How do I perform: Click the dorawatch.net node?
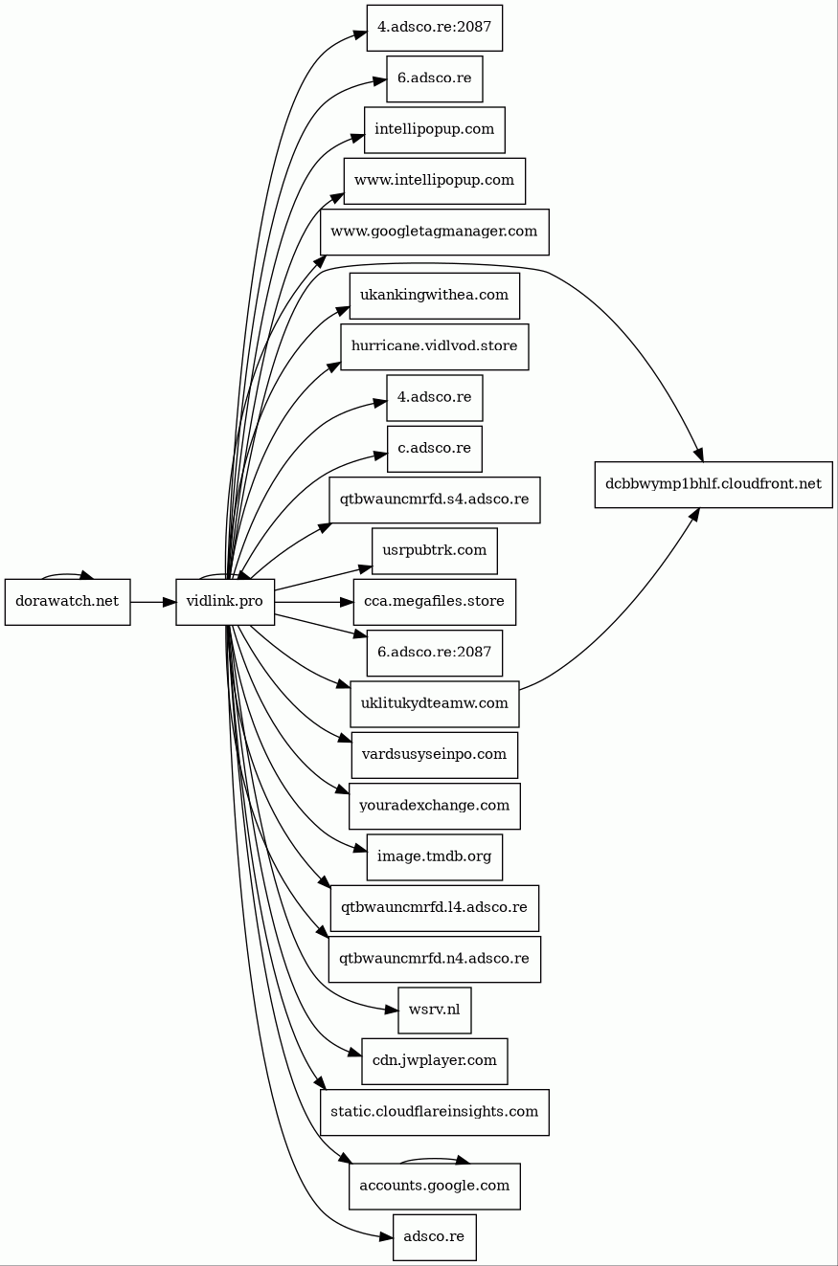click(67, 602)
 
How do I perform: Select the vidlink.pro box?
click(225, 602)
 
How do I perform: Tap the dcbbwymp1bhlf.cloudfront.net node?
click(713, 484)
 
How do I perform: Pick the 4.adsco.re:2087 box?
click(435, 28)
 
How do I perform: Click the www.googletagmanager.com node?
click(435, 232)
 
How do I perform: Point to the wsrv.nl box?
click(435, 1011)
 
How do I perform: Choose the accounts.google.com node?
click(435, 1187)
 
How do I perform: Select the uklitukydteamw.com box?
click(435, 704)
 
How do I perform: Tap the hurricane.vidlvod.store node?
click(435, 347)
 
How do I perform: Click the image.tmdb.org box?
click(435, 857)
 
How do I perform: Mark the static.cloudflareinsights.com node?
click(435, 1112)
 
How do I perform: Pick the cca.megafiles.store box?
click(435, 602)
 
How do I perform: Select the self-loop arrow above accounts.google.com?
click(435, 1158)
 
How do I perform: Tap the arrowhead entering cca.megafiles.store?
click(347, 602)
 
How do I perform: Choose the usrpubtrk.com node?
click(435, 551)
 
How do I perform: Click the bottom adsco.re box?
click(435, 1237)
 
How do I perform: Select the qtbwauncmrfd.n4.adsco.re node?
click(435, 959)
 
